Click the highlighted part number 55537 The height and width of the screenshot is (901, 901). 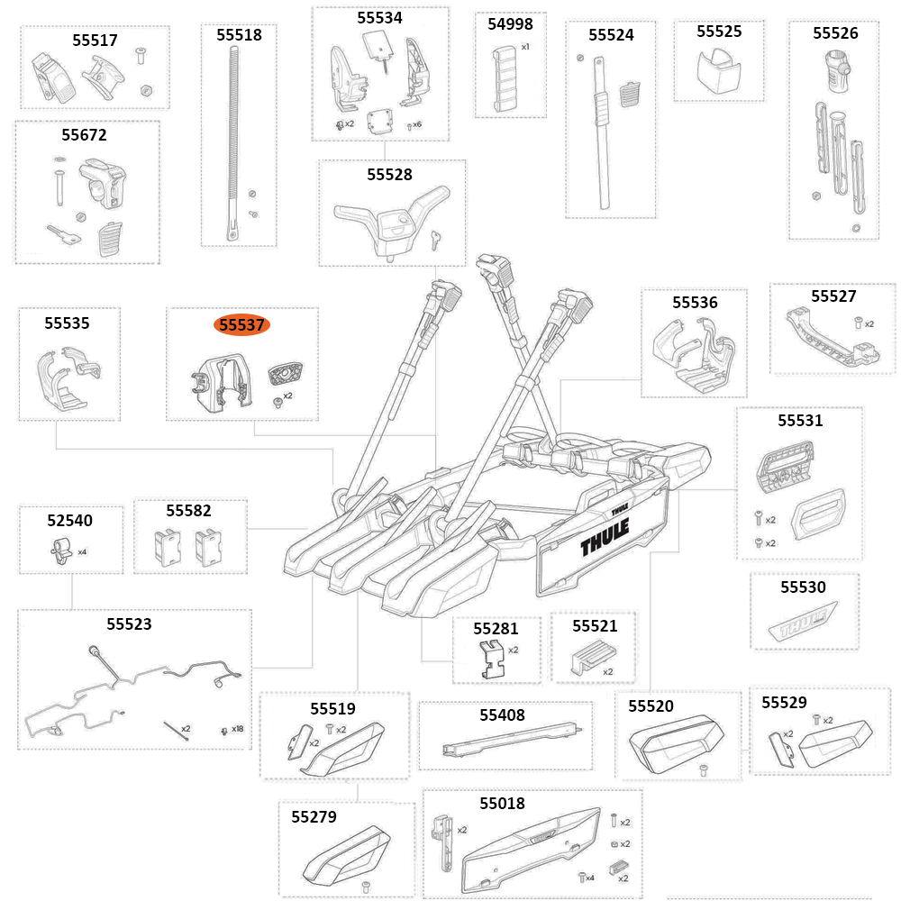pos(241,325)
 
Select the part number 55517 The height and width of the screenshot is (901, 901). pos(95,41)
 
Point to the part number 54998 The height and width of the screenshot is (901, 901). pos(510,24)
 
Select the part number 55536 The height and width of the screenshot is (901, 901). pos(695,303)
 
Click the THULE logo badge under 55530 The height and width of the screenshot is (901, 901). pos(801,623)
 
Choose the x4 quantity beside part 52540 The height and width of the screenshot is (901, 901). pos(82,551)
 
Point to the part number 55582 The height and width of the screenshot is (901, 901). pos(188,511)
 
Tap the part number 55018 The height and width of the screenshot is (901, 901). pos(502,803)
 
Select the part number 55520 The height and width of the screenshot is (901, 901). pos(651,706)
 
